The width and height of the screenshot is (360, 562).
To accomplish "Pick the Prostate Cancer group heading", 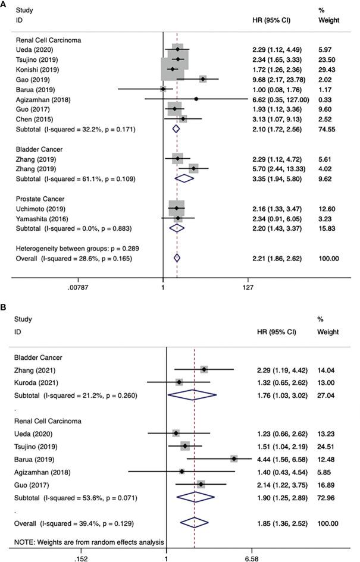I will (40, 199).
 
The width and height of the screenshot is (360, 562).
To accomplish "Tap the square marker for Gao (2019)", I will (203, 79).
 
